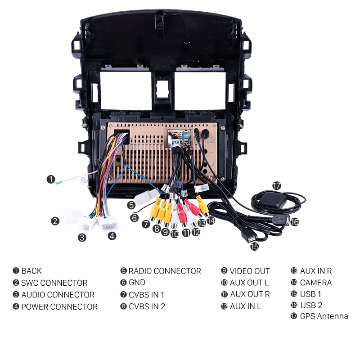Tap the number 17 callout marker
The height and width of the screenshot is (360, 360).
(276, 185)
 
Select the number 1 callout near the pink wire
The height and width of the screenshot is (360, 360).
(51, 179)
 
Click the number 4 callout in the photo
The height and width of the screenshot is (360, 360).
(112, 235)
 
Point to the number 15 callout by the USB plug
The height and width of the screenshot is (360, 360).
(255, 246)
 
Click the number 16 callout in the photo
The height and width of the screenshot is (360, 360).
(294, 221)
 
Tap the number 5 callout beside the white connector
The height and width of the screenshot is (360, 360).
(131, 205)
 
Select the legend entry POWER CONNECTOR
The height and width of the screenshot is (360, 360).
(59, 307)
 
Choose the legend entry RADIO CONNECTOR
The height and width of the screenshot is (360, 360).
(164, 271)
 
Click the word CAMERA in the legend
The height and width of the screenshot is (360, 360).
(315, 283)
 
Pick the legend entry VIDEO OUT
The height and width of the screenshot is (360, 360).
(249, 271)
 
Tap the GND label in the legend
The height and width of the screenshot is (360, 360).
(137, 283)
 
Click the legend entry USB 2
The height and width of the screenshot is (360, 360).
(311, 305)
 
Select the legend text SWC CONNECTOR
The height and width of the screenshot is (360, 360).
(54, 283)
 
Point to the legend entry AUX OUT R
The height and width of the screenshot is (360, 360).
(250, 294)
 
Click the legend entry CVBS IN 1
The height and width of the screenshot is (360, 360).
(146, 295)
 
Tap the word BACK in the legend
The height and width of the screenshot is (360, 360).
(31, 271)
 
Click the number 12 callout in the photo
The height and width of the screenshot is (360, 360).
(195, 232)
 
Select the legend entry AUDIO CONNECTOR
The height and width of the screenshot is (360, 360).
(58, 295)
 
